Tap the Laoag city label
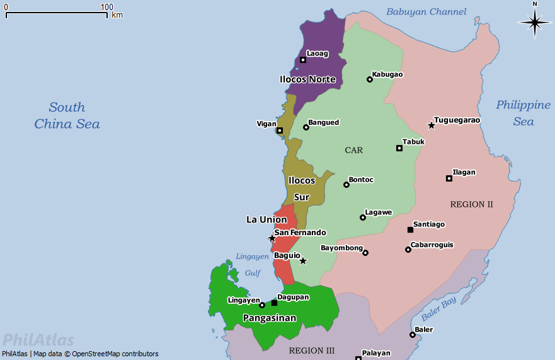(x=318, y=54)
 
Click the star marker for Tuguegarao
(x=432, y=125)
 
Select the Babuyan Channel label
(x=426, y=12)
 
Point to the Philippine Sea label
(x=523, y=113)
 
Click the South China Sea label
(x=67, y=115)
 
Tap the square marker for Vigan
(x=280, y=131)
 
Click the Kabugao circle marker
(x=370, y=79)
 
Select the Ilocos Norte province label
(x=307, y=79)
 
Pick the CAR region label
(x=354, y=150)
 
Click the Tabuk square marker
(x=399, y=148)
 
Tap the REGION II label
(x=471, y=204)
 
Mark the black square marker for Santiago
(x=410, y=229)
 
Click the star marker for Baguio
(x=303, y=261)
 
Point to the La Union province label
(x=266, y=219)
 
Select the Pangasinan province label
(x=270, y=318)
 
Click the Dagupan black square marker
(x=274, y=303)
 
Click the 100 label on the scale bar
(x=106, y=6)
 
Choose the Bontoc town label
(x=361, y=180)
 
